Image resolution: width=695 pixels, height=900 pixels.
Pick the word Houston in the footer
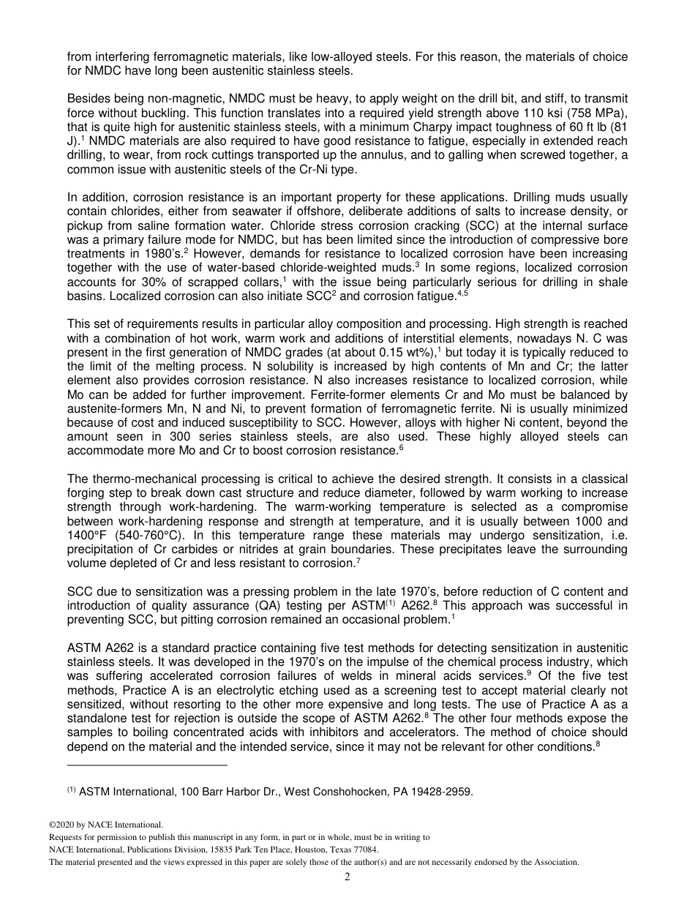point(295,850)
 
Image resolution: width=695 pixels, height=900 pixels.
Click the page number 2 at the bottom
point(347,877)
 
